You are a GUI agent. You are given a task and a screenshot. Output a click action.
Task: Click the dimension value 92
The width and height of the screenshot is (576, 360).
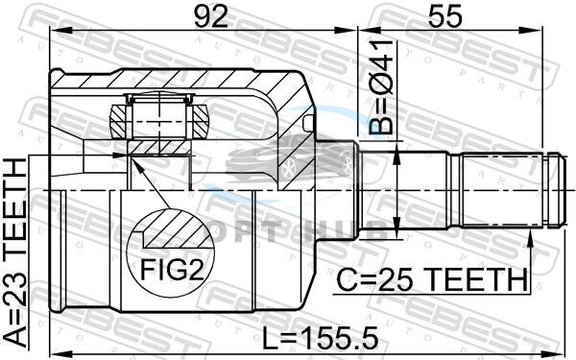[211, 16]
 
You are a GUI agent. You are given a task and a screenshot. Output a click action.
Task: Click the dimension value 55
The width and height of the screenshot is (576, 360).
[444, 16]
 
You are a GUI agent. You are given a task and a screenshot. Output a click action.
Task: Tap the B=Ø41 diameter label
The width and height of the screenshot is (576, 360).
[381, 87]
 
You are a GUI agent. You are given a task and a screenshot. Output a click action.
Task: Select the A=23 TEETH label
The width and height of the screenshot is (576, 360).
[15, 252]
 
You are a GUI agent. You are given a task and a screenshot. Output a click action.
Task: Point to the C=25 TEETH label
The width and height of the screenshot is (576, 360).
[432, 279]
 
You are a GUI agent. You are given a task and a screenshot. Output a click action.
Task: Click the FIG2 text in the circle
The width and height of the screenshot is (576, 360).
[172, 271]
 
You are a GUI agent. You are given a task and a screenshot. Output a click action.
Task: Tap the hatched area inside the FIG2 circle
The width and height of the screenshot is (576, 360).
[177, 228]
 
